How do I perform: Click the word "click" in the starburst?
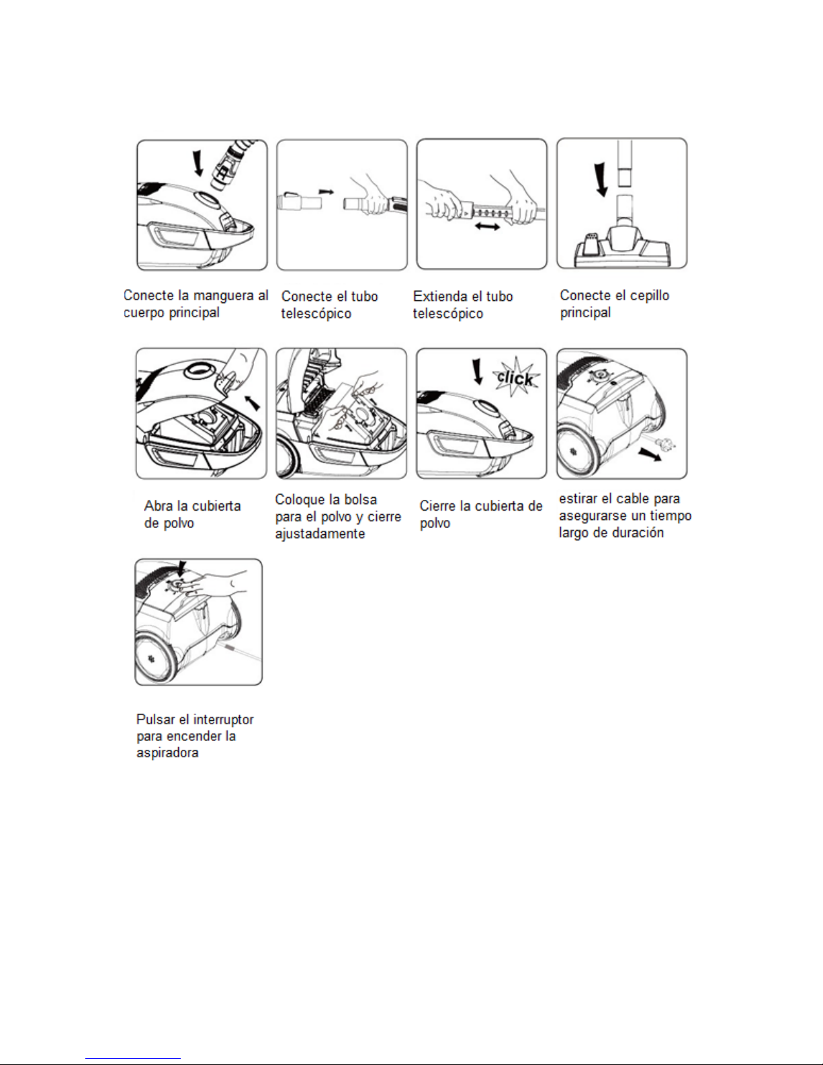(x=515, y=378)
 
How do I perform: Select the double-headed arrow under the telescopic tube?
(x=486, y=228)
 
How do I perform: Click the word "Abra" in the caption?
(x=159, y=506)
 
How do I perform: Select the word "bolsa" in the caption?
(x=360, y=499)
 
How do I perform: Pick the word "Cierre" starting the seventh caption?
(x=438, y=506)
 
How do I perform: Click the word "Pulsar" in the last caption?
(x=155, y=719)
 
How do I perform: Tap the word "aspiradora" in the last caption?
(x=167, y=753)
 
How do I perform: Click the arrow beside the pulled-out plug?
(x=649, y=456)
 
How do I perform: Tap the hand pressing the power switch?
(x=208, y=584)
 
